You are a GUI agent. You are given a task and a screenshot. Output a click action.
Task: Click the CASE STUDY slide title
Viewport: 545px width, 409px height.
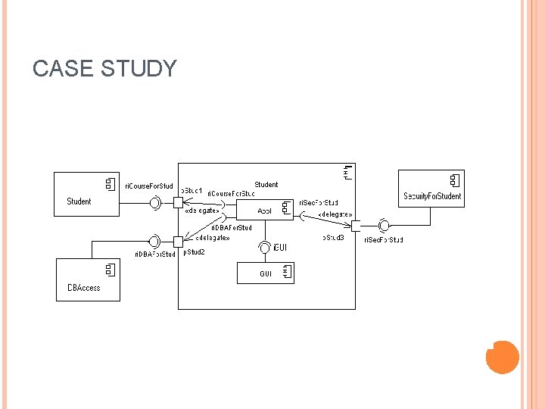(104, 69)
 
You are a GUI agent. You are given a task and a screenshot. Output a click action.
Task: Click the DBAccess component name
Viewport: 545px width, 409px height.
(83, 288)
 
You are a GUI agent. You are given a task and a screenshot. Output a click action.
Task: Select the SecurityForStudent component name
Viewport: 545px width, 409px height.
(432, 196)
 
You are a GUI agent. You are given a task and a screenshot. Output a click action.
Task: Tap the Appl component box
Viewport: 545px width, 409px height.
(266, 210)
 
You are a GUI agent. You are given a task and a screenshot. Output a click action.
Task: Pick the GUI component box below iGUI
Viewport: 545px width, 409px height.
(266, 273)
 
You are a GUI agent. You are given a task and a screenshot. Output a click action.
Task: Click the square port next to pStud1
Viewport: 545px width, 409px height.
(178, 202)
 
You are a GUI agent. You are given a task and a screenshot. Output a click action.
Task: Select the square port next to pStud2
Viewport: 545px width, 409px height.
(178, 242)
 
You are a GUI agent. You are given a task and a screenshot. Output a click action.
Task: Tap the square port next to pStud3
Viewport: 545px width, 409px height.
(356, 225)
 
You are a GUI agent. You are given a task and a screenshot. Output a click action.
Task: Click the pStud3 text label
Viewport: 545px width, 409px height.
(334, 238)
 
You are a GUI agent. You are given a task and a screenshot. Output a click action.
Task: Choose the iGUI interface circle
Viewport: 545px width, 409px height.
(264, 247)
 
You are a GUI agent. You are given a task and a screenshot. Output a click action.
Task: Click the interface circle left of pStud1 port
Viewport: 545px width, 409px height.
(156, 202)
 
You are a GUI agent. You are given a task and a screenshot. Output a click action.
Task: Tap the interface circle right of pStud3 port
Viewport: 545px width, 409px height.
(385, 225)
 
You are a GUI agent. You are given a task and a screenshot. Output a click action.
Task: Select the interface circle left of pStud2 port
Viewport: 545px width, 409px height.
(154, 242)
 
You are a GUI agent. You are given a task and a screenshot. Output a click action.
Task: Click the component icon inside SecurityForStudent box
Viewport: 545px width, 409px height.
(454, 180)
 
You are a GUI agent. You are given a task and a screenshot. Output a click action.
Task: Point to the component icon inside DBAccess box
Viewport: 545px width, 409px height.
(109, 269)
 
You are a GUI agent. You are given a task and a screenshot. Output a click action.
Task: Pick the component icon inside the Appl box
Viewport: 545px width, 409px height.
(286, 207)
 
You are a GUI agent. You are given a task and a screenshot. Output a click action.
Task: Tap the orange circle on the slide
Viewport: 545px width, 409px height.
(502, 357)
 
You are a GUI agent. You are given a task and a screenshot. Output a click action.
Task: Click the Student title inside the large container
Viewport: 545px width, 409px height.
(266, 184)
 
